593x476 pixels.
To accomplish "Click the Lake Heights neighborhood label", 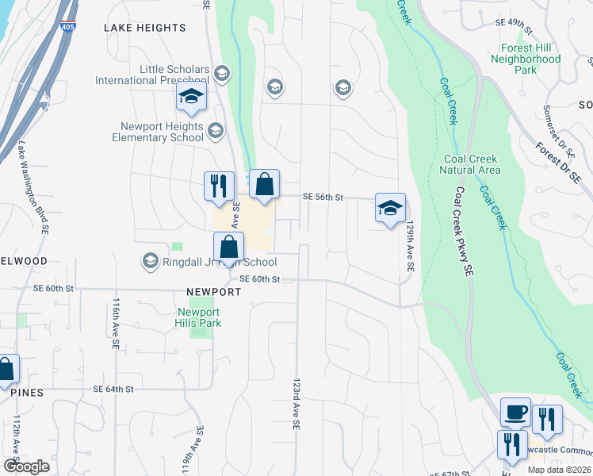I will pos(145,28).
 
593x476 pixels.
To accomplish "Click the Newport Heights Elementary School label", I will pos(162,132).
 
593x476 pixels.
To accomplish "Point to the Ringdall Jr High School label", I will pos(209,262).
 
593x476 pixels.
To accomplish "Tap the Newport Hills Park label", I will pos(198,317).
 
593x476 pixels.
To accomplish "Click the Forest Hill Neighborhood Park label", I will pos(525,59).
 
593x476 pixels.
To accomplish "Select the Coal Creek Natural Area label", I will pos(472,164).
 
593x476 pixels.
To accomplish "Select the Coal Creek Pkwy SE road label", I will pos(464,231).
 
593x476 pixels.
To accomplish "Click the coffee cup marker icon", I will pos(515,413).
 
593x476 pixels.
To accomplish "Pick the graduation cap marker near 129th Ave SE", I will pos(390,209).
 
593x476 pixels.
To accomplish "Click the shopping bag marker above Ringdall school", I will pos(228,248).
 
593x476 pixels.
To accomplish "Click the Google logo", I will pos(26,466).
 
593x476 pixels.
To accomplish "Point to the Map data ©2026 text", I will pos(558,470).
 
